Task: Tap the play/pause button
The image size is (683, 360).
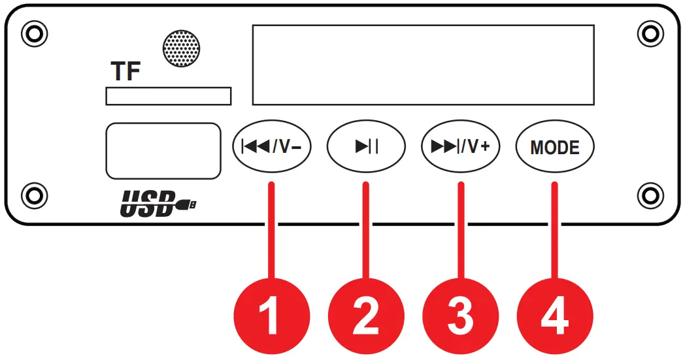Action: click(367, 146)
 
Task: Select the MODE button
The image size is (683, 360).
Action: click(555, 146)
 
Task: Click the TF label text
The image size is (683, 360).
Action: click(125, 72)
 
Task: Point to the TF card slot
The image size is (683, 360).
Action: click(168, 96)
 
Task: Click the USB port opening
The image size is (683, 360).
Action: click(162, 150)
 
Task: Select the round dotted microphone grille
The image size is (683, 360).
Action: click(181, 48)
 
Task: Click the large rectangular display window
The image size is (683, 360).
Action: click(423, 65)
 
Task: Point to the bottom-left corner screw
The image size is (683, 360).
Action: click(33, 193)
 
